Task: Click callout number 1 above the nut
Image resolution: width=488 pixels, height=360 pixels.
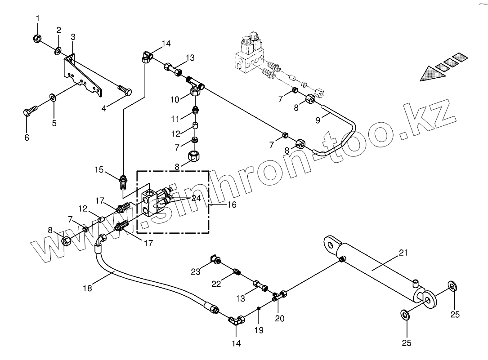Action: (x=38, y=18)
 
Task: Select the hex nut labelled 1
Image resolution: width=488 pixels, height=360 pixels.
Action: (x=38, y=39)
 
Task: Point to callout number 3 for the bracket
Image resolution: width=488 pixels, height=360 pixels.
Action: (x=73, y=36)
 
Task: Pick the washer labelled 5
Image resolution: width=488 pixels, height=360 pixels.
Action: (x=53, y=97)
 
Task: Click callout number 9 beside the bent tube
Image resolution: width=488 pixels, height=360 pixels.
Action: (x=318, y=120)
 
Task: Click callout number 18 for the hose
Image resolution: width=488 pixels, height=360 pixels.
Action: (x=87, y=288)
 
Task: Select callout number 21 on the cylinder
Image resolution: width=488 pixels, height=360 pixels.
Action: (x=403, y=253)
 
